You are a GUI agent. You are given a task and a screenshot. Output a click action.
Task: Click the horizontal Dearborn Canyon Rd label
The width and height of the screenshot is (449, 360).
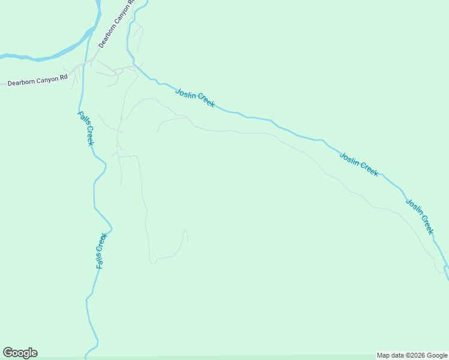37,79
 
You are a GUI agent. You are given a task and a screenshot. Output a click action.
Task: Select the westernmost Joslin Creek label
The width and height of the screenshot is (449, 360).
195,98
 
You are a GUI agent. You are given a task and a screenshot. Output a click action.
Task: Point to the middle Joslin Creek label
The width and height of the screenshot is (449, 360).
359,164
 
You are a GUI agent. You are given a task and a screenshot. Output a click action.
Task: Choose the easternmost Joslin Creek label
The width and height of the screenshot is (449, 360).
419,216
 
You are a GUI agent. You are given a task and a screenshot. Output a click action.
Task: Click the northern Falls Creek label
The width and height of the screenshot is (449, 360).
86,128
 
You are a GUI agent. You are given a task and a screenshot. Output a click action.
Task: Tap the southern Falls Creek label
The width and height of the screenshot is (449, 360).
101,250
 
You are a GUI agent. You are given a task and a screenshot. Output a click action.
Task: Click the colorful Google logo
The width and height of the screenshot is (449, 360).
20,353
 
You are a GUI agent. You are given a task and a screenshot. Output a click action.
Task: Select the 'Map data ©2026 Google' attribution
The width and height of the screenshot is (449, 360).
412,355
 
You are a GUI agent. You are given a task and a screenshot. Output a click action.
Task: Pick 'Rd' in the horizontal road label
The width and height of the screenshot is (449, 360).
63,77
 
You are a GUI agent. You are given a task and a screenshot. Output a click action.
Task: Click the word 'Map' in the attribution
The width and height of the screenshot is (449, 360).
384,355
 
